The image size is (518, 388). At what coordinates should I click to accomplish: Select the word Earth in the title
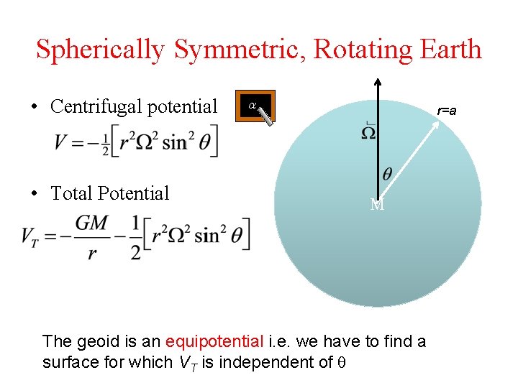(447, 50)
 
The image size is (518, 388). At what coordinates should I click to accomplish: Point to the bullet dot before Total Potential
(35, 194)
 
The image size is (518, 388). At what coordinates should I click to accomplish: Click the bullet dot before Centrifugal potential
(35, 108)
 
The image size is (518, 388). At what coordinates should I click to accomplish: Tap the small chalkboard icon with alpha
(255, 107)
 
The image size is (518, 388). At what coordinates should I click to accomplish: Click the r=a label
(447, 111)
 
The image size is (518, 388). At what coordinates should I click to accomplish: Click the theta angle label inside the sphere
(387, 174)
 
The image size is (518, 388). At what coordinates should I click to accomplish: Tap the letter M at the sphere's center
(377, 205)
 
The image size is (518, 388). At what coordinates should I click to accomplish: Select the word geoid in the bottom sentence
(91, 342)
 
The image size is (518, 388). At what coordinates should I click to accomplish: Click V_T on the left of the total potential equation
(30, 235)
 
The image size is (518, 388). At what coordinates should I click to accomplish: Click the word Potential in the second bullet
(136, 193)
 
